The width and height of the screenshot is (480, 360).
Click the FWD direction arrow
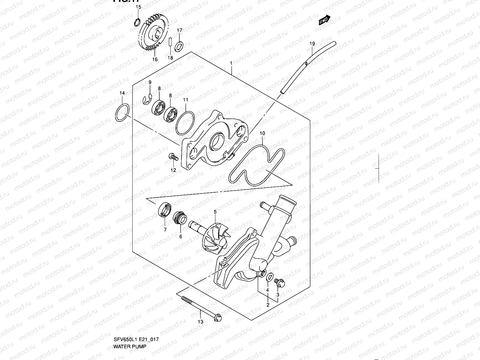(x=324, y=20)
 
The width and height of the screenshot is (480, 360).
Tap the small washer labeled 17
(x=180, y=46)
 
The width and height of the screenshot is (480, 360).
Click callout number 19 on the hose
(x=312, y=44)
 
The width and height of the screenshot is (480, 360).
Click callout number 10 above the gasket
(x=262, y=133)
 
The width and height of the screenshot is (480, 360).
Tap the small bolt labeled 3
(x=279, y=282)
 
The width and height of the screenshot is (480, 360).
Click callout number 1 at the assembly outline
(x=231, y=63)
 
